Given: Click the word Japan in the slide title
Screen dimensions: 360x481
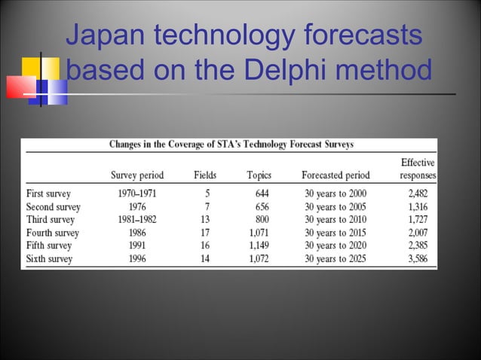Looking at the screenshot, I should pos(103,35).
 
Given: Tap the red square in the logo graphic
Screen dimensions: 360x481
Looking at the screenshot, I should pos(20,87).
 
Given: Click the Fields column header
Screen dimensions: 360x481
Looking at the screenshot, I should pos(205,175).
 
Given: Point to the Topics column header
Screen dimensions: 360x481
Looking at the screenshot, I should pos(259,175).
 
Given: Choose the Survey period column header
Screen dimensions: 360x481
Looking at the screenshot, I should pos(148,175).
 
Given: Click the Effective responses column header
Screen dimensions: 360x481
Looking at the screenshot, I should pos(417,169).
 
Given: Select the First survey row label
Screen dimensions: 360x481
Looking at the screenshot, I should pos(48,193).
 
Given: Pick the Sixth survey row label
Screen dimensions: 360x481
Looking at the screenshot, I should pos(49,259).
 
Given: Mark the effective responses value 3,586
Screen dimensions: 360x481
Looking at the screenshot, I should pos(420,259).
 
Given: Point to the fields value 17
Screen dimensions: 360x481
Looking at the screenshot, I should pos(205,233).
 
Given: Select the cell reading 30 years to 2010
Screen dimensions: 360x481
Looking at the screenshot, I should pos(336,219).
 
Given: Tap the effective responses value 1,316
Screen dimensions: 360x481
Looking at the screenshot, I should pos(420,206).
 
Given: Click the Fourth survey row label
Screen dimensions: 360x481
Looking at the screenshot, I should pos(53,233).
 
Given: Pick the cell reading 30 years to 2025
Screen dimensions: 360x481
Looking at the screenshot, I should pos(336,259).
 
